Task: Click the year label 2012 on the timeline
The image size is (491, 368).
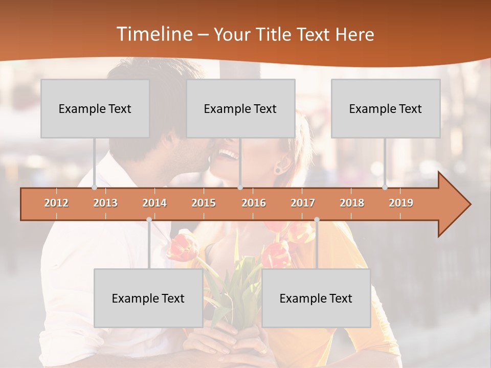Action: pyautogui.click(x=56, y=203)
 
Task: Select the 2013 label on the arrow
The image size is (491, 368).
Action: pyautogui.click(x=105, y=203)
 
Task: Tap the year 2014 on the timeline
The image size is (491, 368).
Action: pyautogui.click(x=154, y=203)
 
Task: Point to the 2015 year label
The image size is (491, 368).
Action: pyautogui.click(x=204, y=203)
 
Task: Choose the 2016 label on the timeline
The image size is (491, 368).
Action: pyautogui.click(x=254, y=203)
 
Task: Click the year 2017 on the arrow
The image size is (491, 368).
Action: pyautogui.click(x=303, y=203)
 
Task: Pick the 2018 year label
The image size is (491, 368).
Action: pyautogui.click(x=352, y=203)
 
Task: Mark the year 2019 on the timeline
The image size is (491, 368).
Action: pyautogui.click(x=401, y=203)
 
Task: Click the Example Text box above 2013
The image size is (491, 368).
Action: pyautogui.click(x=95, y=108)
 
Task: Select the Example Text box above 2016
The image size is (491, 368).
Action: pyautogui.click(x=240, y=108)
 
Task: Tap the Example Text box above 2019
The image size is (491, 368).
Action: pyautogui.click(x=386, y=108)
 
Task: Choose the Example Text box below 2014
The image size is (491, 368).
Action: pyautogui.click(x=148, y=298)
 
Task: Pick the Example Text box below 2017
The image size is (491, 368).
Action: pyautogui.click(x=316, y=298)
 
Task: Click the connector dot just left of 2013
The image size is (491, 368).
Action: pyautogui.click(x=94, y=188)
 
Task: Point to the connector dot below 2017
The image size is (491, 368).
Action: pyautogui.click(x=317, y=219)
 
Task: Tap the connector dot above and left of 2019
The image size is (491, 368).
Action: pyautogui.click(x=385, y=188)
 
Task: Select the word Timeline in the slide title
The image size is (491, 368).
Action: pyautogui.click(x=153, y=34)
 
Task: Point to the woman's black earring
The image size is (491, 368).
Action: pyautogui.click(x=278, y=169)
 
